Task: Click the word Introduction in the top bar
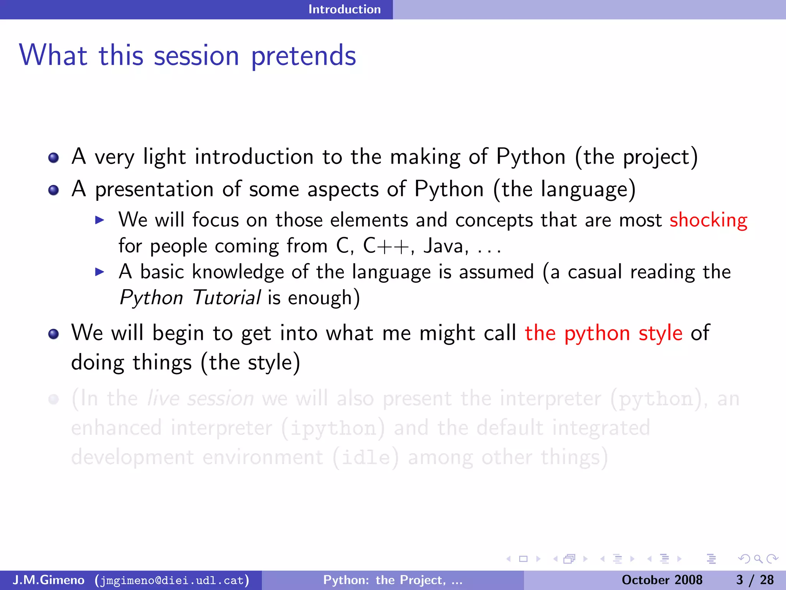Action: point(344,9)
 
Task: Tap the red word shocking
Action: point(708,220)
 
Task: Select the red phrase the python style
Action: point(603,333)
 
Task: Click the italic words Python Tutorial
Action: point(190,298)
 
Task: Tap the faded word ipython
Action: point(333,428)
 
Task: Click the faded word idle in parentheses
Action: point(365,457)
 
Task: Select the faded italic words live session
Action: point(201,398)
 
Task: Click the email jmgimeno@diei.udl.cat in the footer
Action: point(172,580)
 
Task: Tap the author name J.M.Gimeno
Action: point(49,580)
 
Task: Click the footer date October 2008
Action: point(662,580)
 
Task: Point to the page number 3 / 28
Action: point(755,580)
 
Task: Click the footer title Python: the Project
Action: point(392,580)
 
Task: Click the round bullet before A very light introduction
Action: point(54,158)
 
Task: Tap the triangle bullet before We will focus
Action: point(99,220)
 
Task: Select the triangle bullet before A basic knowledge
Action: point(99,272)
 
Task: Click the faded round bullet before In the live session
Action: point(54,399)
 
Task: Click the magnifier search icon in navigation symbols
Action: point(758,559)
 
